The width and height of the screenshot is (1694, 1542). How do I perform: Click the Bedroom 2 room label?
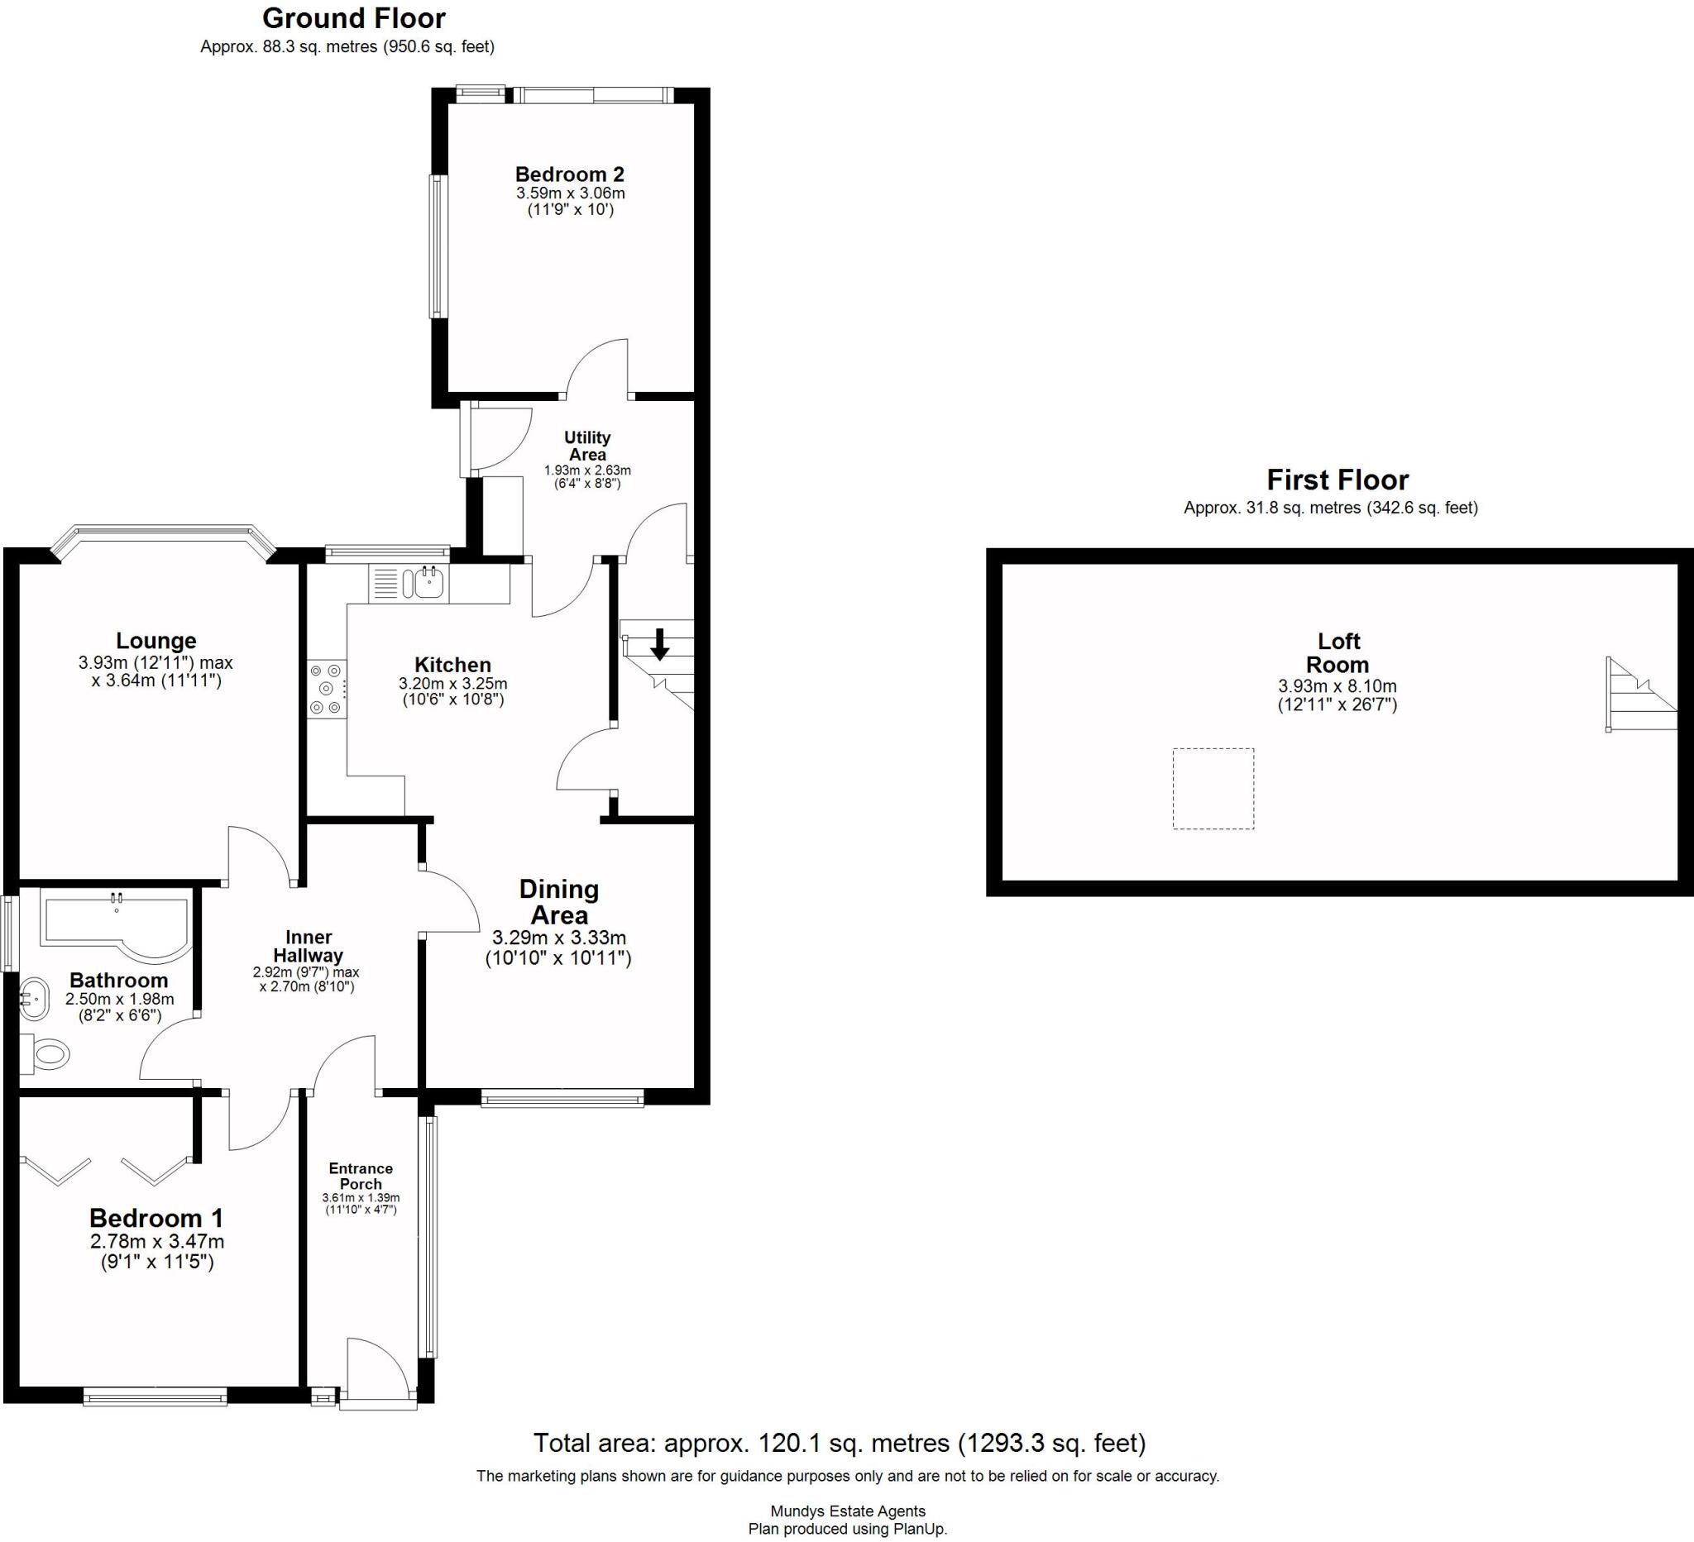[569, 174]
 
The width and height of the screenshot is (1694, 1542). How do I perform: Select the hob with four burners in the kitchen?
[327, 690]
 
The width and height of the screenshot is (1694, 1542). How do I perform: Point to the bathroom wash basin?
[35, 997]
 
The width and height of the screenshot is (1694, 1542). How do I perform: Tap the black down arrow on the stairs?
[659, 644]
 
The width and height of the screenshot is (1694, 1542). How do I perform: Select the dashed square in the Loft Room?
[1213, 789]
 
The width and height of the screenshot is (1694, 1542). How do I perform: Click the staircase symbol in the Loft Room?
[1639, 695]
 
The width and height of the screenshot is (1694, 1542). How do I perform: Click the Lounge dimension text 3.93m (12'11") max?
[156, 662]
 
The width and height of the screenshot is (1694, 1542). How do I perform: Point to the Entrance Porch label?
[361, 1176]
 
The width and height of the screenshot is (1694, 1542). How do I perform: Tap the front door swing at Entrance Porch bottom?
[377, 1370]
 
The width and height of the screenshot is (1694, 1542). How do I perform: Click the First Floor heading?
[1337, 480]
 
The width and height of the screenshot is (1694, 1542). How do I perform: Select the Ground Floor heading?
[354, 18]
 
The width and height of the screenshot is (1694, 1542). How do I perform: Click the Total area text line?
[839, 1443]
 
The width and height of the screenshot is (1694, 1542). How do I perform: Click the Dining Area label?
[559, 902]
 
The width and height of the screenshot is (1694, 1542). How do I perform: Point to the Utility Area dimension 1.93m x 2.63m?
[586, 470]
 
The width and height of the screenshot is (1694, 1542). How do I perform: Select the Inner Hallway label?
[308, 946]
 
